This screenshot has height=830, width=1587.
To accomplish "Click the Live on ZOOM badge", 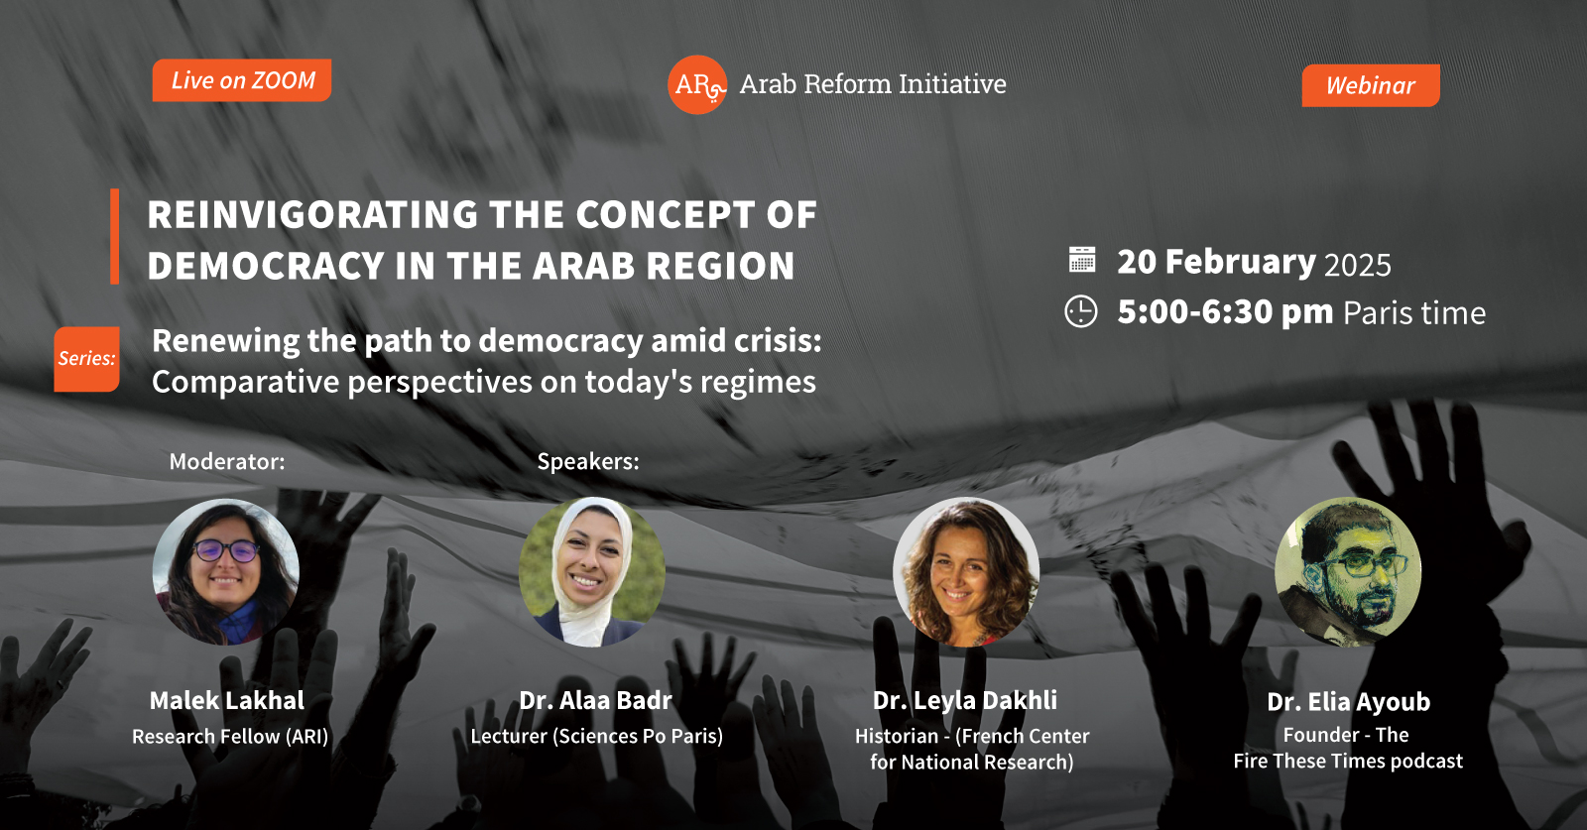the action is (x=242, y=80).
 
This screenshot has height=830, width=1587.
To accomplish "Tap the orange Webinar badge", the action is (x=1370, y=85).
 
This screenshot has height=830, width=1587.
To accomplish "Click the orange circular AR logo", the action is (x=697, y=85).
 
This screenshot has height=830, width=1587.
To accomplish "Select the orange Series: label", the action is (x=86, y=359).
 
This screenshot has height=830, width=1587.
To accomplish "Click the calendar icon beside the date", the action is (x=1082, y=260).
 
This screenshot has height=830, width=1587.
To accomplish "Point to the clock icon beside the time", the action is (x=1081, y=311).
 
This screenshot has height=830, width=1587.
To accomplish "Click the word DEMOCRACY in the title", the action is (x=266, y=267).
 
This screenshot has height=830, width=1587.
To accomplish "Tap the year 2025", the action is (x=1358, y=265).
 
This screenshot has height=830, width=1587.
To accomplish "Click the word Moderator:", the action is (x=227, y=462).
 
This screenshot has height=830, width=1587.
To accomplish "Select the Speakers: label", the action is (x=588, y=462).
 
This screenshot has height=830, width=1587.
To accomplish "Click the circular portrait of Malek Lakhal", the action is (x=226, y=571).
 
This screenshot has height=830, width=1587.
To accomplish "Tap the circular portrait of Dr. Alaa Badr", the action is (x=591, y=571).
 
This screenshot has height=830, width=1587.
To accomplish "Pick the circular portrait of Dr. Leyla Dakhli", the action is (x=966, y=571).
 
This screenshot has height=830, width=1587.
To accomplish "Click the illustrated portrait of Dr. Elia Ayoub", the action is (x=1348, y=571).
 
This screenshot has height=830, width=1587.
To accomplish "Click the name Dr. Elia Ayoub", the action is (x=1348, y=702).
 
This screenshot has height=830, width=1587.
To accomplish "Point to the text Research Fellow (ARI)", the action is (x=230, y=737).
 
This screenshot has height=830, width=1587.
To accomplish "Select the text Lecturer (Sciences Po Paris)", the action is (x=596, y=736).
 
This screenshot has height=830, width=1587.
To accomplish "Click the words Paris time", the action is (x=1414, y=313).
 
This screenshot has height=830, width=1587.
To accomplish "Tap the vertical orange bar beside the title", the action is (x=115, y=237).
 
